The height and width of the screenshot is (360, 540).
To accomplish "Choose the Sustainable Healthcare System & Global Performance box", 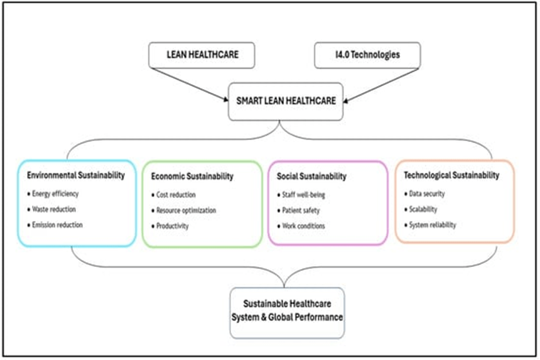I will [x=287, y=311].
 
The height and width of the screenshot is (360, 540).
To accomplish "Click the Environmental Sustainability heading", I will [x=75, y=176].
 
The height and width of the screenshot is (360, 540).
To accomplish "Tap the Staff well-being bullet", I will [x=303, y=195].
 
